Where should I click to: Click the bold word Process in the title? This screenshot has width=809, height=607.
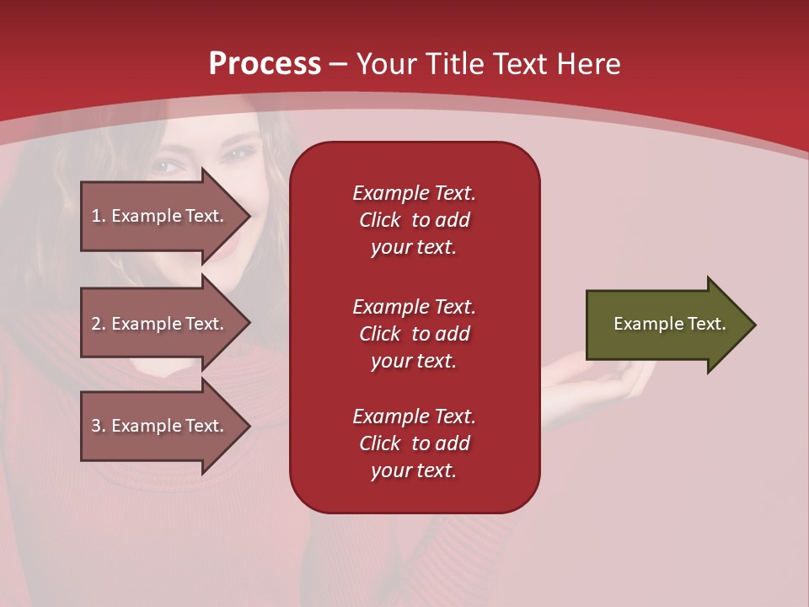265,64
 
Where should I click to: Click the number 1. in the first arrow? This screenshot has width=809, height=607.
99,216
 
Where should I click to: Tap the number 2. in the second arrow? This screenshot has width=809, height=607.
99,324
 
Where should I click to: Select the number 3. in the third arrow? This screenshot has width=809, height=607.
99,426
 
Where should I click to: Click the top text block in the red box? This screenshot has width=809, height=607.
414,220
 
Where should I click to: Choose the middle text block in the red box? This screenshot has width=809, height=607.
414,334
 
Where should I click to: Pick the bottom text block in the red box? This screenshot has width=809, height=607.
414,443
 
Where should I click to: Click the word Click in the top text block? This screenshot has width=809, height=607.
379,220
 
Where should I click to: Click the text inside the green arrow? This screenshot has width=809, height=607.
669,324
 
